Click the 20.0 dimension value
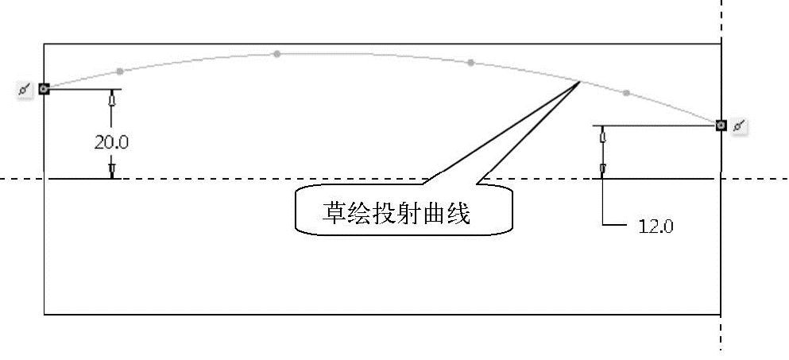pos(111,142)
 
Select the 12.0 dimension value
pos(656,226)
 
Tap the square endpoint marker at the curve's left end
pos(44,89)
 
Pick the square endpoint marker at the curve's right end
pos(721,125)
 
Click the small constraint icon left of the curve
pos(25,89)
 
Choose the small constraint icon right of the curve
pos(740,126)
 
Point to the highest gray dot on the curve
pos(277,54)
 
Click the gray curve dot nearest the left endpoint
pos(119,71)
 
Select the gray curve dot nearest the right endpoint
pos(626,94)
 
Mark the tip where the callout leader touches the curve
pos(580,81)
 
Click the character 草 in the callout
pos(334,213)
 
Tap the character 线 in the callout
pos(458,213)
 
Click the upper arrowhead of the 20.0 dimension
pos(112,101)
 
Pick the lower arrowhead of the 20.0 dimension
pos(112,169)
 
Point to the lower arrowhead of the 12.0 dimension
pos(603,168)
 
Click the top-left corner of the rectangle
pos(44,44)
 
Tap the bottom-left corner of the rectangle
pos(44,314)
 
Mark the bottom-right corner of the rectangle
pos(721,314)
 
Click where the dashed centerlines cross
pos(721,179)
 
